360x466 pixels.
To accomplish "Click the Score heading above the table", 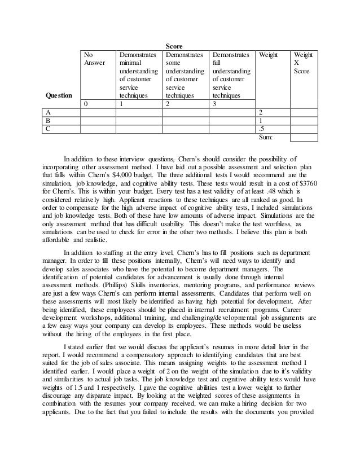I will pos(173,45).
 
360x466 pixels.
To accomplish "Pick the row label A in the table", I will pos(49,112).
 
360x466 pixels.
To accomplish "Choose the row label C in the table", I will pos(49,129).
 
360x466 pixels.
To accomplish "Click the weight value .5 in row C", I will pos(261,129).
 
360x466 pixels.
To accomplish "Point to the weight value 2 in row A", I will pos(260,112).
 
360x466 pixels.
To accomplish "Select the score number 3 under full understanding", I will pos(215,104).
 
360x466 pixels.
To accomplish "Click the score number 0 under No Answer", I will pos(86,104).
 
